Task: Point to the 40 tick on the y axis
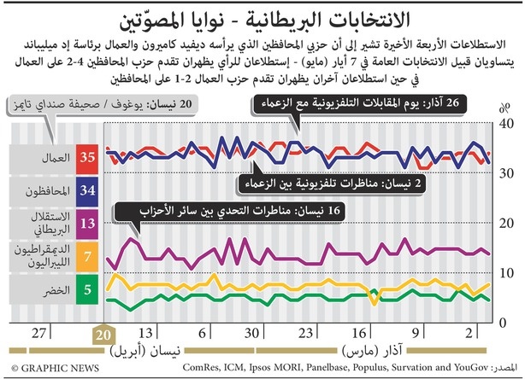click(505, 125)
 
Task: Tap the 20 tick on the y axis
click(505, 224)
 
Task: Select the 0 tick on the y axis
click(505, 323)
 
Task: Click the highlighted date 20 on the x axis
click(103, 334)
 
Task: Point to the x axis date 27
click(38, 334)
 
